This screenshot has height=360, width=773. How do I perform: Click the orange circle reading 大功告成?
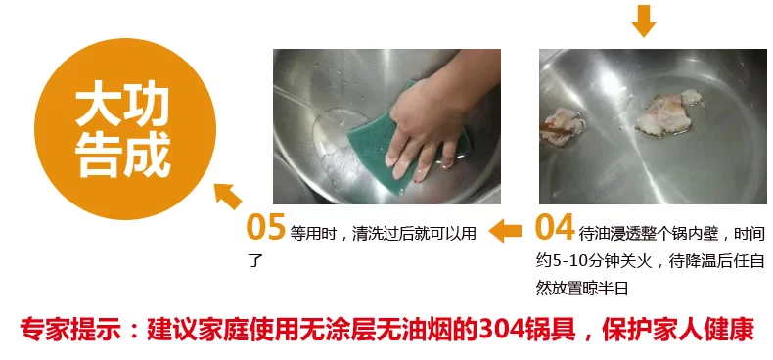(124, 129)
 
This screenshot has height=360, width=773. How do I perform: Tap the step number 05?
(266, 227)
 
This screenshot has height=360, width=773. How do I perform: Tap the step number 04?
(555, 227)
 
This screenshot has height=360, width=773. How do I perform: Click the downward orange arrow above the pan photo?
(643, 21)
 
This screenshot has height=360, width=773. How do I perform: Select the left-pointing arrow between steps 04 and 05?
(505, 231)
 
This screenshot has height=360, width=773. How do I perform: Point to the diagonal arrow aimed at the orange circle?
(227, 196)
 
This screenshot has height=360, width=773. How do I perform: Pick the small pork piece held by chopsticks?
(564, 126)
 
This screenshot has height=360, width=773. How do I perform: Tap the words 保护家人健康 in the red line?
(678, 330)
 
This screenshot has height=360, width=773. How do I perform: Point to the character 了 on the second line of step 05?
(254, 260)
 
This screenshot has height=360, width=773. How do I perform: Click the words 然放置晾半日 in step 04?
(582, 288)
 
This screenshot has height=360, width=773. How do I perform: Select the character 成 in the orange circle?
(148, 155)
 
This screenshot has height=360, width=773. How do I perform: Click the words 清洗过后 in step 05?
(382, 233)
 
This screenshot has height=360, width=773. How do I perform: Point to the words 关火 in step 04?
(641, 261)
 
